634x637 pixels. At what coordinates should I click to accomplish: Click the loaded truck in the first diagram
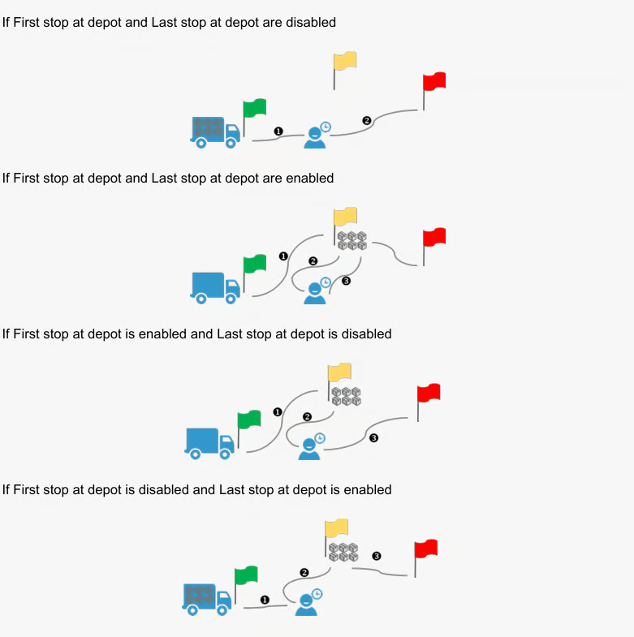tap(215, 132)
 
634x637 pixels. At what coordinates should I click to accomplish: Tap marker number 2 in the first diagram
tap(366, 121)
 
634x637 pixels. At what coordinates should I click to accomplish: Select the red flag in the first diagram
tap(433, 83)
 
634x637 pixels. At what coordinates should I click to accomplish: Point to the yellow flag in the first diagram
tap(345, 62)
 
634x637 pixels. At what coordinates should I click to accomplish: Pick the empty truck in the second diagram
tap(215, 287)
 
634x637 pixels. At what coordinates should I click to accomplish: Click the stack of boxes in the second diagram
tap(352, 240)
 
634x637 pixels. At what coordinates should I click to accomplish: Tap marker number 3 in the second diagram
tap(346, 282)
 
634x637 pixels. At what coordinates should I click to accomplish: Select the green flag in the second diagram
tap(254, 265)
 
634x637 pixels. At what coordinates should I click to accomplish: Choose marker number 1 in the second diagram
tap(283, 256)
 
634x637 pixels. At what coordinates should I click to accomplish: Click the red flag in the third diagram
tap(428, 394)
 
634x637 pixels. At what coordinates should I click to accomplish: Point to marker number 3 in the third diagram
tap(373, 438)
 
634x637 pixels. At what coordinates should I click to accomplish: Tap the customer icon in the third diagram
tap(310, 447)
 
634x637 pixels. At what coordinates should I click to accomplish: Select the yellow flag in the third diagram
tap(339, 373)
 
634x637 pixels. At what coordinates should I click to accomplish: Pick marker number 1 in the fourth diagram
tap(265, 600)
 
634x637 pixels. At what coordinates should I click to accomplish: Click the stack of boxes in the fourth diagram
tap(344, 552)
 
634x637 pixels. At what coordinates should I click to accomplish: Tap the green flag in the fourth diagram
tap(245, 577)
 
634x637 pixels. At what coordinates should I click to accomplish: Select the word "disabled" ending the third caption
tap(366, 334)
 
